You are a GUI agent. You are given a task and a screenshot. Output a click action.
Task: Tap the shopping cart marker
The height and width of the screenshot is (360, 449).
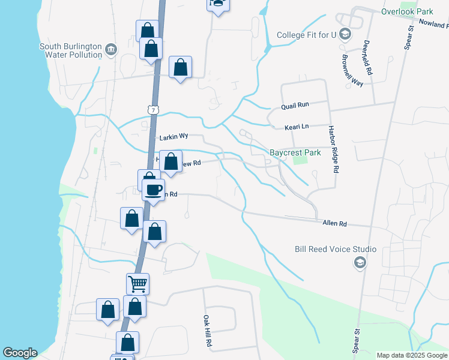click(x=137, y=283)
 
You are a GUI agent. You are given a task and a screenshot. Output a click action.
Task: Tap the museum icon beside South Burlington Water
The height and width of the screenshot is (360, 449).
click(x=110, y=49)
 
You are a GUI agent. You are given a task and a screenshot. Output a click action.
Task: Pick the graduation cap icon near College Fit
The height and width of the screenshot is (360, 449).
click(x=345, y=34)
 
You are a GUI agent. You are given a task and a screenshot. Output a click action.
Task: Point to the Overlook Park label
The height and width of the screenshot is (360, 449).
click(x=407, y=11)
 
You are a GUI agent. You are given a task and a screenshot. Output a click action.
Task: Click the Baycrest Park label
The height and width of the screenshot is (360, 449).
click(x=295, y=152)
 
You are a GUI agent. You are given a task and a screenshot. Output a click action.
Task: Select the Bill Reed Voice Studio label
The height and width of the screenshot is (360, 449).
click(x=336, y=249)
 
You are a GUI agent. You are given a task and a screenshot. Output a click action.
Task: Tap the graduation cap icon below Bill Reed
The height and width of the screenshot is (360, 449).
click(x=360, y=262)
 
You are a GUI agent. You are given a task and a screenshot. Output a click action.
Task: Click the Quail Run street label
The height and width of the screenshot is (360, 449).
click(x=295, y=105)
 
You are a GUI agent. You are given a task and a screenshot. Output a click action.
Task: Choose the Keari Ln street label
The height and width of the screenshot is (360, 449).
click(x=296, y=127)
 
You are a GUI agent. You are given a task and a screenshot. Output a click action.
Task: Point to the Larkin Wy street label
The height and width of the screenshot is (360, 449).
click(x=173, y=137)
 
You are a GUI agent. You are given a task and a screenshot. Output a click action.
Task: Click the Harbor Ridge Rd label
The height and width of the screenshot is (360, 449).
click(x=333, y=150)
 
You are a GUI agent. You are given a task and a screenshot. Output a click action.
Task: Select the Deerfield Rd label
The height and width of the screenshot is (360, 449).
click(x=367, y=58)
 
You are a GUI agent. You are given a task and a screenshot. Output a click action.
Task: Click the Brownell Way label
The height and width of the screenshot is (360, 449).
click(x=353, y=71)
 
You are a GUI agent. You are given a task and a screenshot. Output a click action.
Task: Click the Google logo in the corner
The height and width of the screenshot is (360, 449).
click(x=20, y=353)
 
